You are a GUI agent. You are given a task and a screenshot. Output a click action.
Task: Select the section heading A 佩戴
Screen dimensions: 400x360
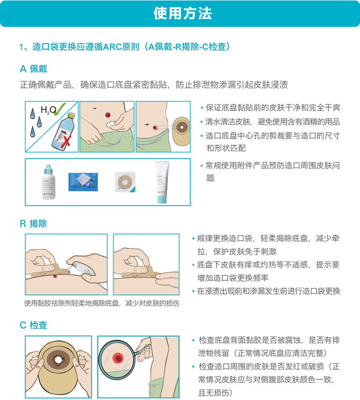(x=33, y=69)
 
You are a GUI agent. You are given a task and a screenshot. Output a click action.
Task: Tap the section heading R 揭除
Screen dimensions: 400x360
(x=33, y=224)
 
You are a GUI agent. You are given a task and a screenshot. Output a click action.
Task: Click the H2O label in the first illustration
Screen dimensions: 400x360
(x=48, y=110)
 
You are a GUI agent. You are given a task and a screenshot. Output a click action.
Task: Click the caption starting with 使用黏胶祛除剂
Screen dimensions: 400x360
(x=102, y=303)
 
